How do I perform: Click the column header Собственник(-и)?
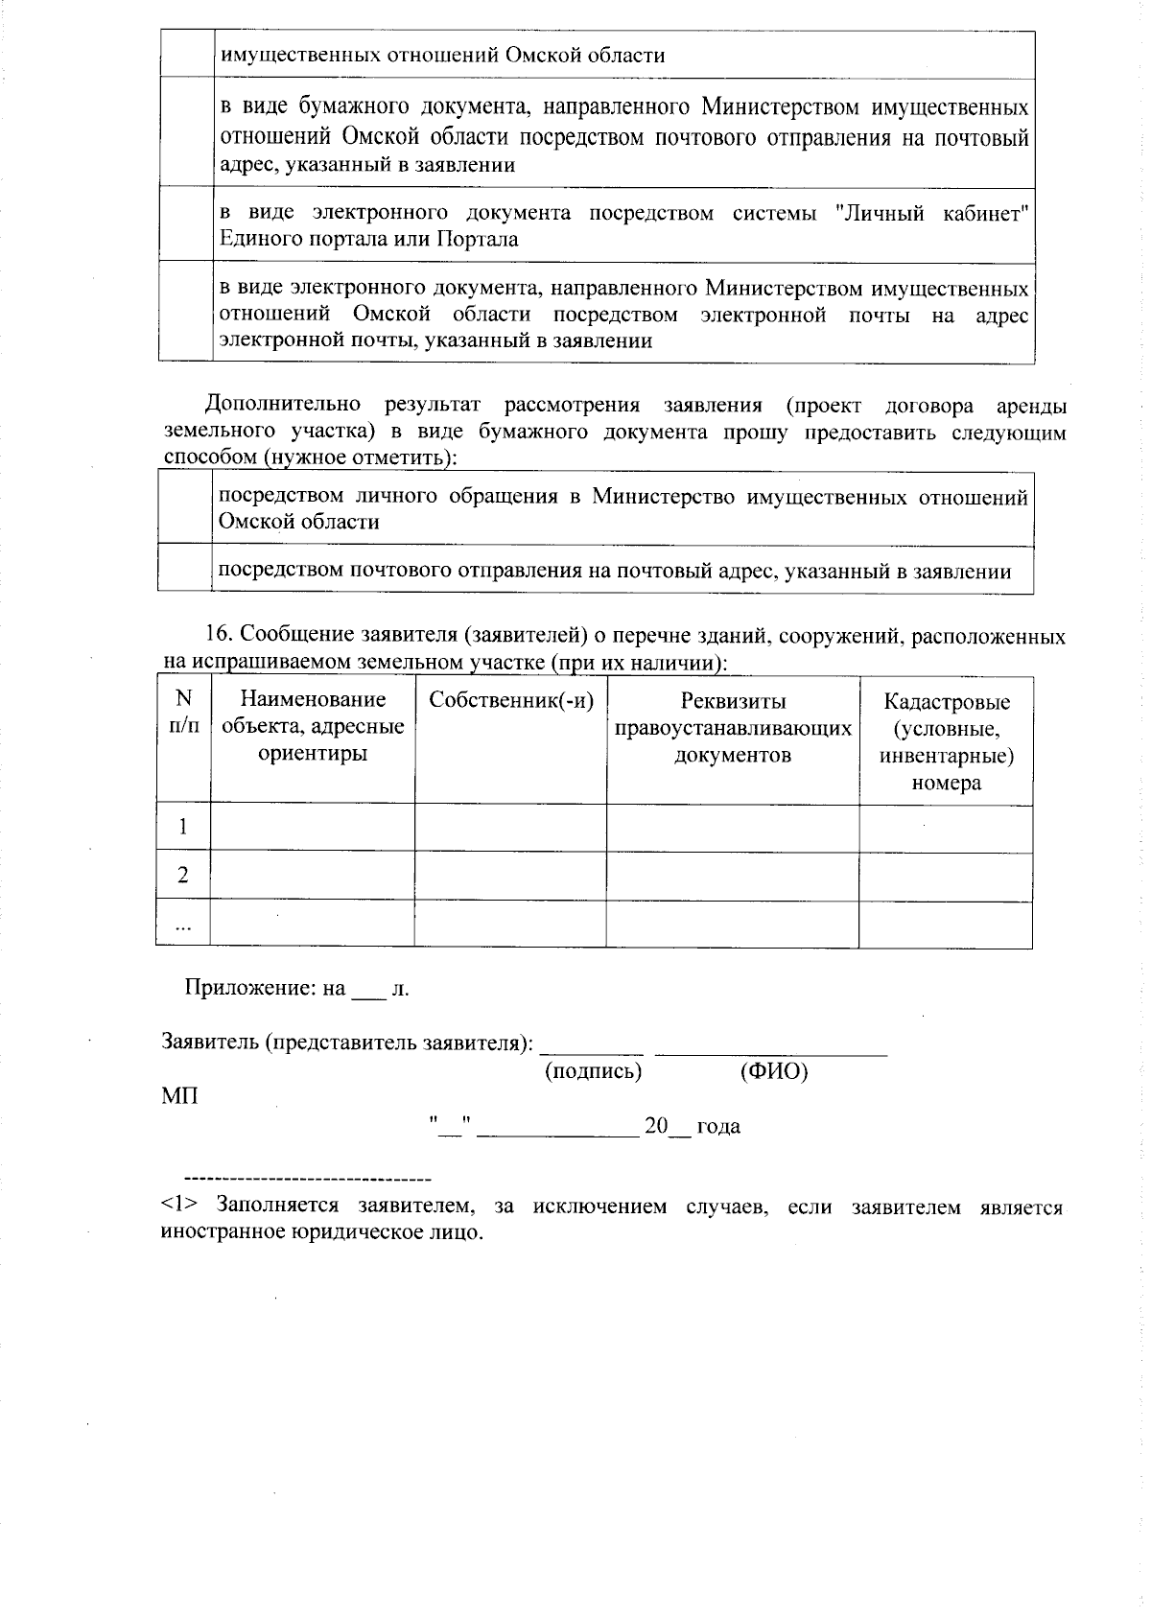(x=511, y=700)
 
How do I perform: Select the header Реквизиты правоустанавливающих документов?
(x=733, y=727)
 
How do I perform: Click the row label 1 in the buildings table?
(x=183, y=828)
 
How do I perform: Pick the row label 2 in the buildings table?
(x=183, y=876)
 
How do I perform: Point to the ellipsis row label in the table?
(x=183, y=925)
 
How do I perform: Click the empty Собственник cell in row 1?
(x=510, y=828)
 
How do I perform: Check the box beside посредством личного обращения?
(x=185, y=508)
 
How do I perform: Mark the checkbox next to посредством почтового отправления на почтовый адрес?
(x=185, y=570)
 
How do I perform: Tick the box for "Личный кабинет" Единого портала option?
(x=186, y=224)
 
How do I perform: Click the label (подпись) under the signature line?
(x=593, y=1071)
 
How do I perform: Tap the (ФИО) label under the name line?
(x=774, y=1071)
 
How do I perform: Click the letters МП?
(x=180, y=1095)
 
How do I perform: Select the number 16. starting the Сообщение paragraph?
(x=221, y=636)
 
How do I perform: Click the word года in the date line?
(x=717, y=1126)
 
